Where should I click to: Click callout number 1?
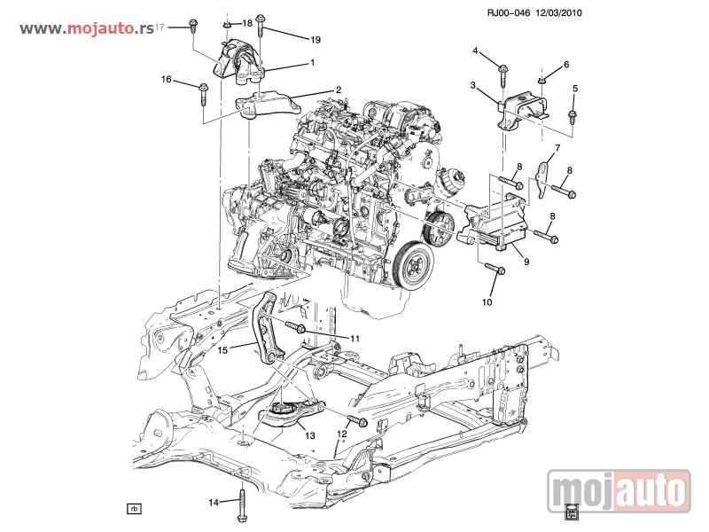tap(312, 63)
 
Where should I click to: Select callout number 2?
tap(338, 90)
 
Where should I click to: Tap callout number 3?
tap(473, 85)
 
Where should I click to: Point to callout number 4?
tap(475, 51)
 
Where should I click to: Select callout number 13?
tap(309, 435)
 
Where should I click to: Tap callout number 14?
tap(213, 503)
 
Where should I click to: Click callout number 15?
tap(223, 350)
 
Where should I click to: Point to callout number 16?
tap(166, 80)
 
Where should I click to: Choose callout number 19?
tap(315, 40)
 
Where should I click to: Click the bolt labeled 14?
tap(242, 506)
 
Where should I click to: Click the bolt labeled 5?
tap(572, 115)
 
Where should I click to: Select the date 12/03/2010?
tap(560, 13)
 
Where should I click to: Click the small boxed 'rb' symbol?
tap(134, 509)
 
